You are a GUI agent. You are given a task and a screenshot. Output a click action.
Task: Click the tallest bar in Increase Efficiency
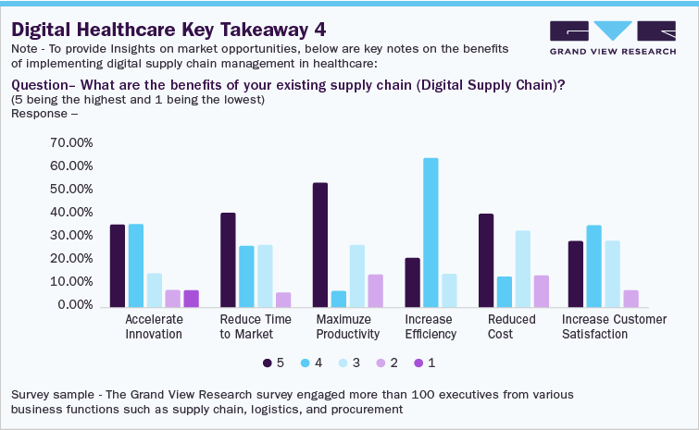pos(431,232)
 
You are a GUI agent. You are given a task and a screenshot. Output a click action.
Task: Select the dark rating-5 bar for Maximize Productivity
pos(319,244)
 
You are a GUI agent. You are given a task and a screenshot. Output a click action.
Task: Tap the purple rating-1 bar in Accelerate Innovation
pos(191,298)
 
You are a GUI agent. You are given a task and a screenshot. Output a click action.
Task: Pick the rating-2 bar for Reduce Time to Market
pos(283,299)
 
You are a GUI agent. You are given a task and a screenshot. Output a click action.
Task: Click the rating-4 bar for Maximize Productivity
pos(338,298)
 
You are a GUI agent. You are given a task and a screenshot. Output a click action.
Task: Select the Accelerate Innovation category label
pos(153,326)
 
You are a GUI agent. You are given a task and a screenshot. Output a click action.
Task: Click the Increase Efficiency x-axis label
pos(430,326)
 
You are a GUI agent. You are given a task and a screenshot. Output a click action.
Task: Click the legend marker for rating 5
pos(268,362)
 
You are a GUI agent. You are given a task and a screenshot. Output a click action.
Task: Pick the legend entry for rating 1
pos(425,362)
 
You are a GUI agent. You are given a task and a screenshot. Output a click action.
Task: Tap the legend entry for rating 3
pos(346,362)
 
